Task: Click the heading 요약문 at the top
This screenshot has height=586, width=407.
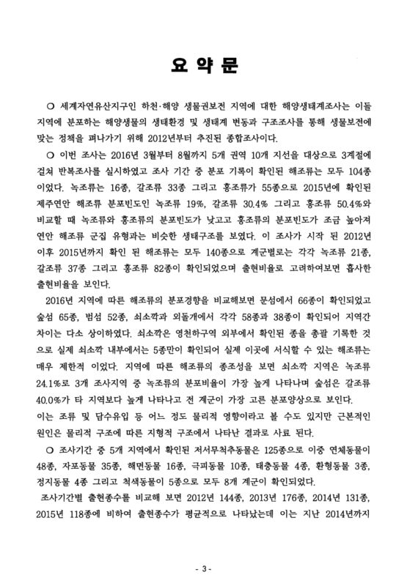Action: [x=202, y=66]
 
